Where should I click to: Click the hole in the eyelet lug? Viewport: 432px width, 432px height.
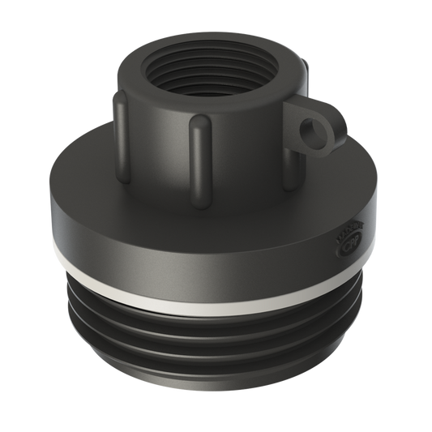[x=309, y=129]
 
